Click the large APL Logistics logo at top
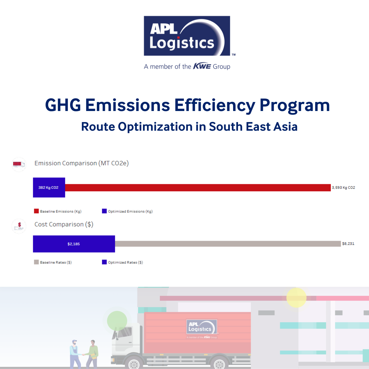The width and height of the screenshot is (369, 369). [x=187, y=36]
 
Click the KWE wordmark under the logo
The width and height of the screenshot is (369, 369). [x=202, y=66]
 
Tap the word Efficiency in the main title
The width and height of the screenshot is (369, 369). [x=214, y=105]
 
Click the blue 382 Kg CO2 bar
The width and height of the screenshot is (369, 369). [x=49, y=188]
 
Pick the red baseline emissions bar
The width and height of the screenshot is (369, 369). [x=198, y=188]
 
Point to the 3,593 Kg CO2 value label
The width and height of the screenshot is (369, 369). [x=343, y=188]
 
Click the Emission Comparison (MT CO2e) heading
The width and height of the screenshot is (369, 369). [x=81, y=163]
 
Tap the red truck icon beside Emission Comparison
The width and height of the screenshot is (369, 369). [x=19, y=164]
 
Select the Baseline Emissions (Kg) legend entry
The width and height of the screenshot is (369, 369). [x=58, y=211]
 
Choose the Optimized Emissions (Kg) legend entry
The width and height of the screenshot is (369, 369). [x=127, y=211]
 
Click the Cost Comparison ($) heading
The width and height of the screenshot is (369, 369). [x=64, y=224]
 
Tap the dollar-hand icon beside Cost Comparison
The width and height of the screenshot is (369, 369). [x=19, y=226]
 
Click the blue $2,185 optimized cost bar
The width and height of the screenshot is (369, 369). [x=74, y=244]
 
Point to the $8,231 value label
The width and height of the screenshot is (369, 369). [x=348, y=244]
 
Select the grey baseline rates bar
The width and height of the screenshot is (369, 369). [x=228, y=244]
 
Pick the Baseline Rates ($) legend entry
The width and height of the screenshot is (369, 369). [x=53, y=262]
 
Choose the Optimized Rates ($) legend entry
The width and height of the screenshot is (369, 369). [x=122, y=262]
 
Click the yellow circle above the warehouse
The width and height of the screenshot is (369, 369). [x=296, y=298]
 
